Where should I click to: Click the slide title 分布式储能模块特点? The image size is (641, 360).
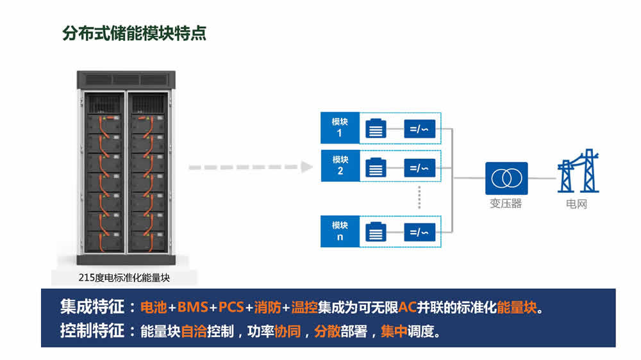(x=135, y=33)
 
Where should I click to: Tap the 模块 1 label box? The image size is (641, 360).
(x=340, y=127)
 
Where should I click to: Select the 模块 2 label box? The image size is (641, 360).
(x=340, y=165)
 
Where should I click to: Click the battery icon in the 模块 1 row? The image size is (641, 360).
(x=376, y=129)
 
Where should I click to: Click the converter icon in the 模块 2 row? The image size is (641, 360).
(x=420, y=168)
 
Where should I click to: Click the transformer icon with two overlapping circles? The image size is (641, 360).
(x=506, y=178)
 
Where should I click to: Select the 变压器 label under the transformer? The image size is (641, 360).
(x=506, y=204)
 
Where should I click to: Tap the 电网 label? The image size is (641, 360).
(x=576, y=204)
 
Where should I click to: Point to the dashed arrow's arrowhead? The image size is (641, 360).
(x=306, y=167)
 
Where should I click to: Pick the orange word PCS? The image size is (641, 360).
(x=231, y=307)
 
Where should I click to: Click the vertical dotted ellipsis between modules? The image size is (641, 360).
(x=419, y=197)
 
